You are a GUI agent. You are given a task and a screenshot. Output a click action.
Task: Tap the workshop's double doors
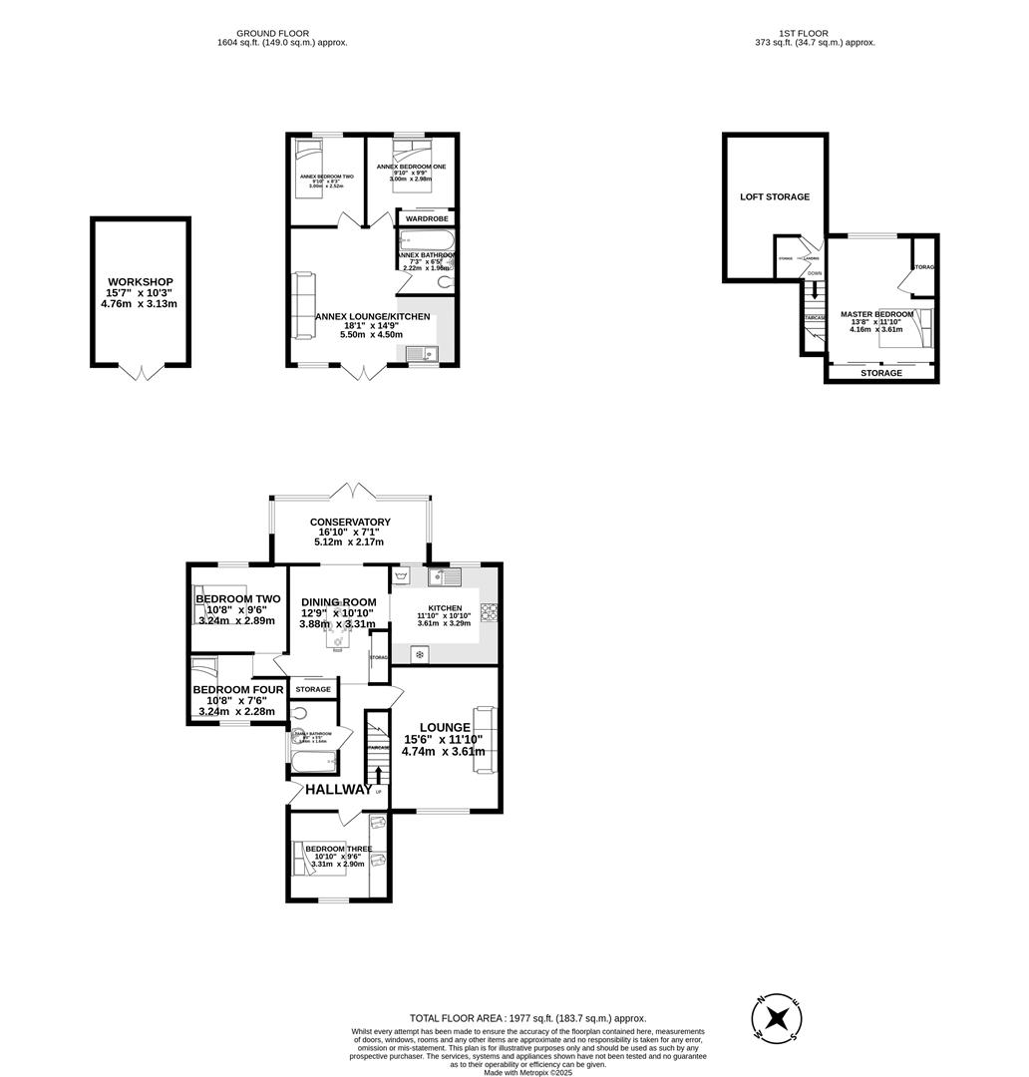(x=141, y=372)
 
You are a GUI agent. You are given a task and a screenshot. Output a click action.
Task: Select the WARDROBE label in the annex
(x=427, y=217)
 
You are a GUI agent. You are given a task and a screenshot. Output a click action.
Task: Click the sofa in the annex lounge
(x=302, y=304)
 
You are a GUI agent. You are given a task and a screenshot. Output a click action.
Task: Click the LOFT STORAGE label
(x=775, y=197)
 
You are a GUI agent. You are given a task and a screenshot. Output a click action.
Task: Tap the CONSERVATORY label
(x=350, y=522)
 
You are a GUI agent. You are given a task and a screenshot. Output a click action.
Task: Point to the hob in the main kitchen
(x=490, y=611)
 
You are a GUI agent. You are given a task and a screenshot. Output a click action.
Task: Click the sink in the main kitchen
(x=444, y=577)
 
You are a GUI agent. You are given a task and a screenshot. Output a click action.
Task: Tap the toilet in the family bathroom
(x=302, y=714)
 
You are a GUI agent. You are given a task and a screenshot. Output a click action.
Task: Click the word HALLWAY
(x=338, y=789)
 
